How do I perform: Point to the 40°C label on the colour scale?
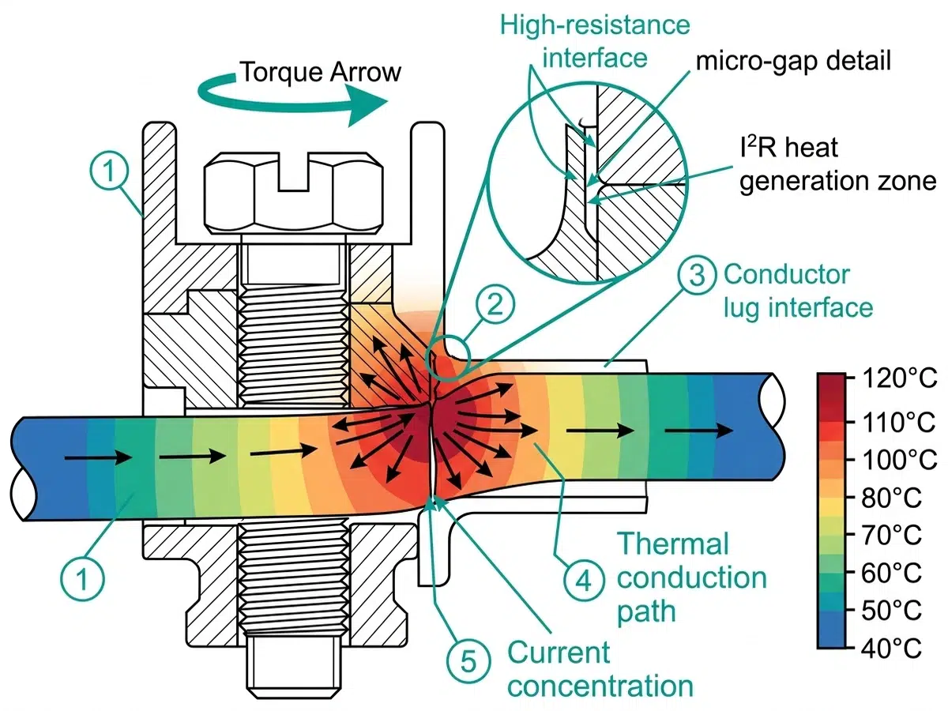(x=892, y=649)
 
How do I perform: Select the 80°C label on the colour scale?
(x=892, y=497)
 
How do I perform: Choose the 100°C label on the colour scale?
(x=892, y=459)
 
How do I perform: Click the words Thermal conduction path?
(x=690, y=576)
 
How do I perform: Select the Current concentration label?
(x=600, y=668)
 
